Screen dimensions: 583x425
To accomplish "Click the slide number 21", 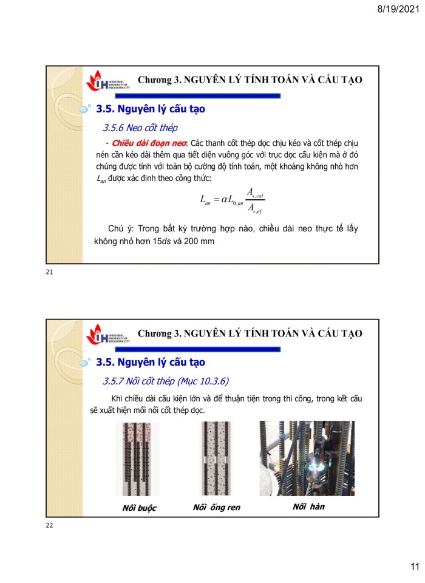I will pos(49,272).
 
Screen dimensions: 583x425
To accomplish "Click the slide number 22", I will pos(49,525).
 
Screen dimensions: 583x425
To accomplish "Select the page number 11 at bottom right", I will pos(414,567).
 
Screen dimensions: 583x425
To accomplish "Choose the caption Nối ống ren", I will pos(217,507).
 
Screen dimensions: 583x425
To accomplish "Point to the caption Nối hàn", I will pos(307,506).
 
